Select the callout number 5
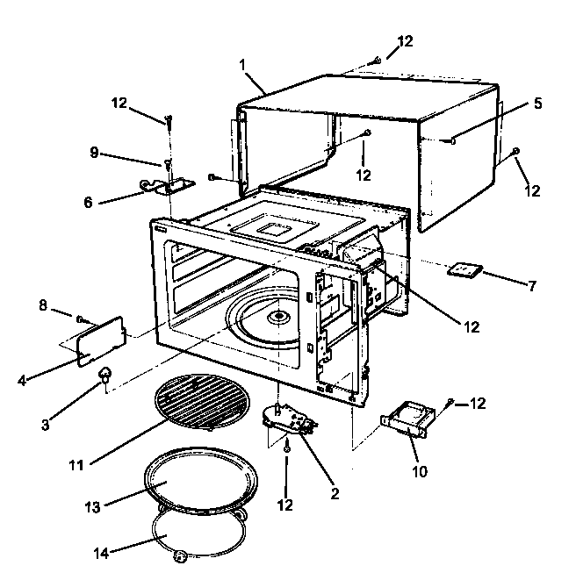click(x=536, y=103)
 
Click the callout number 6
click(x=89, y=201)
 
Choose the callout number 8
click(x=42, y=306)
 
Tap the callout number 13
click(x=92, y=507)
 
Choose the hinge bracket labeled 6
click(x=168, y=184)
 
